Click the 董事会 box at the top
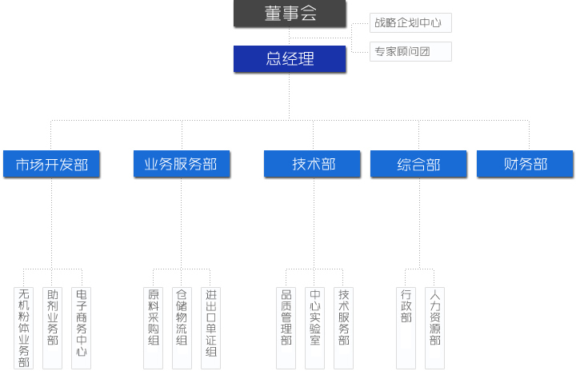[290, 14]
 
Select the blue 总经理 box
[290, 58]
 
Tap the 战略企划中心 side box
[410, 23]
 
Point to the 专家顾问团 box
[410, 51]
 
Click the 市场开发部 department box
[51, 164]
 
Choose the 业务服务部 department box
[181, 164]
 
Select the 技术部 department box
[313, 164]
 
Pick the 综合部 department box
[418, 164]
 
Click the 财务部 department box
[525, 164]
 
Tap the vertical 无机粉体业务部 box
[24, 328]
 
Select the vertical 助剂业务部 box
[53, 328]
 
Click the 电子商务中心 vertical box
[82, 328]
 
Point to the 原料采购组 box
[154, 328]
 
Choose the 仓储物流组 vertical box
[182, 328]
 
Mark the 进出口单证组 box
[210, 328]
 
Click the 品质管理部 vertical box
[286, 328]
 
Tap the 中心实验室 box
[315, 328]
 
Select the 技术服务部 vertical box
[344, 328]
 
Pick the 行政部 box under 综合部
[406, 328]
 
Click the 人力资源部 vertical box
[435, 328]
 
